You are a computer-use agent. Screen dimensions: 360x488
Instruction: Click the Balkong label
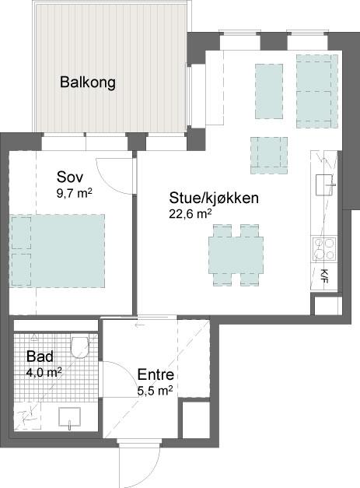point(88,83)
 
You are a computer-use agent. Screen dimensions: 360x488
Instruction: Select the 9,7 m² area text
point(75,194)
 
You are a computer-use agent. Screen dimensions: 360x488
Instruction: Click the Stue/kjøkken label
point(214,198)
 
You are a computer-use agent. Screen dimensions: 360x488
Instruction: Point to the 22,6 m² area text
point(190,214)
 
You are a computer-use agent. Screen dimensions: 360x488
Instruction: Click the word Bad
point(40,356)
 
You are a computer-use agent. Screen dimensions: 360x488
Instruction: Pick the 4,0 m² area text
point(44,372)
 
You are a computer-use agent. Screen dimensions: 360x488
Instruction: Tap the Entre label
point(156,374)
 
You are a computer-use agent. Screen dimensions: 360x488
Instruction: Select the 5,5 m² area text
point(156,391)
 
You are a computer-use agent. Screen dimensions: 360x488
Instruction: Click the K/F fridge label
point(324,276)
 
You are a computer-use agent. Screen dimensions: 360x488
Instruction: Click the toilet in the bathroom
point(80,346)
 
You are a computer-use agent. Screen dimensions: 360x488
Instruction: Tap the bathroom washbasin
point(69,417)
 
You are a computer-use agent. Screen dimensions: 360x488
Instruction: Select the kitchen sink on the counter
point(324,185)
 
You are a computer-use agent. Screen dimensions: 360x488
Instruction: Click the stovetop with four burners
point(324,249)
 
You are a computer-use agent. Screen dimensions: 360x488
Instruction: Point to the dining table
point(236,255)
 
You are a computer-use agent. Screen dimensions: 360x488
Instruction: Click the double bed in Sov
point(58,251)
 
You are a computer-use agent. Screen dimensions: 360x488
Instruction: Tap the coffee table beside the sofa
point(269,91)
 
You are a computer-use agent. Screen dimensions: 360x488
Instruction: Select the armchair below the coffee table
point(269,156)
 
